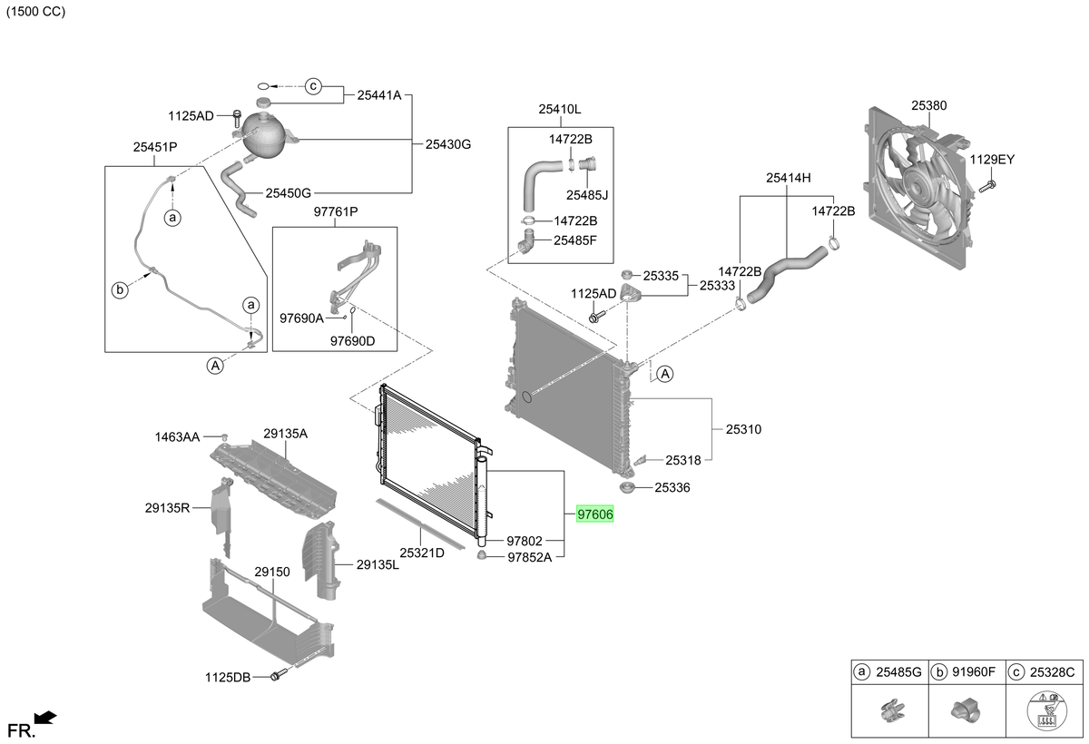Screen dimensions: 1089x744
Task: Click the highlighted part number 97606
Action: tap(595, 514)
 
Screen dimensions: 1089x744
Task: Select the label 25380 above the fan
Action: tap(928, 105)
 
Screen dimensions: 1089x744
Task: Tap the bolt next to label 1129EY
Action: tap(987, 186)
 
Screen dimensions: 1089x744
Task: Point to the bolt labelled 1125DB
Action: tap(278, 674)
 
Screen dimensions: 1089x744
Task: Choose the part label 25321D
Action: tap(422, 553)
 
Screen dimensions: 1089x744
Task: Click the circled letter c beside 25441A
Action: tap(313, 86)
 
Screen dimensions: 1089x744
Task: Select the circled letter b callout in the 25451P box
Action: tap(120, 290)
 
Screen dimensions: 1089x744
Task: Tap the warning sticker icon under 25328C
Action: tap(1046, 711)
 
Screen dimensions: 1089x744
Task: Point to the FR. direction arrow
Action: tap(45, 718)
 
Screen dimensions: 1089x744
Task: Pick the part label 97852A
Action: tap(529, 557)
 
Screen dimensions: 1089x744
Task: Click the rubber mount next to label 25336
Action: tap(627, 487)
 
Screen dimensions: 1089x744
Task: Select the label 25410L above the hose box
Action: tap(560, 110)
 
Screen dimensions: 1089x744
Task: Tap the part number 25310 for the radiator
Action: tap(743, 429)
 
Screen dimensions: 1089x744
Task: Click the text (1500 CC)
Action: tap(35, 11)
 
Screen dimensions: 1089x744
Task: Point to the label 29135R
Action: tap(167, 508)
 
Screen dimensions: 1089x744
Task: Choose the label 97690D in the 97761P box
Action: tap(352, 341)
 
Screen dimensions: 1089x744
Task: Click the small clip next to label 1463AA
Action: tap(225, 436)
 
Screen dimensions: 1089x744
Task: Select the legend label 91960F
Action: tap(974, 672)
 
